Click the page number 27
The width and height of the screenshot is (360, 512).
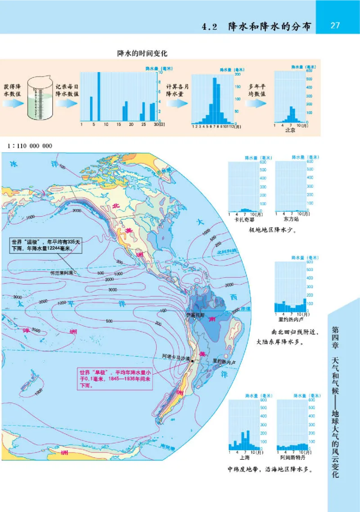point(335,26)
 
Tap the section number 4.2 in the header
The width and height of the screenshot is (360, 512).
point(209,27)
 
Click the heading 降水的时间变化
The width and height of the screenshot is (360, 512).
point(142,53)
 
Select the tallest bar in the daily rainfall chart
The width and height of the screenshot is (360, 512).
point(99,96)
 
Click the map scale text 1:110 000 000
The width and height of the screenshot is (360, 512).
point(30,146)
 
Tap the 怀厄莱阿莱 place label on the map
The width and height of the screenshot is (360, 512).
point(62,273)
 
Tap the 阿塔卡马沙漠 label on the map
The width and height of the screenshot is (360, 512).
point(176,356)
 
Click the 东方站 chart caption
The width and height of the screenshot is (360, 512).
point(291,220)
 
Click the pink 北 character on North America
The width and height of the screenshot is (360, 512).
point(115,205)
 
